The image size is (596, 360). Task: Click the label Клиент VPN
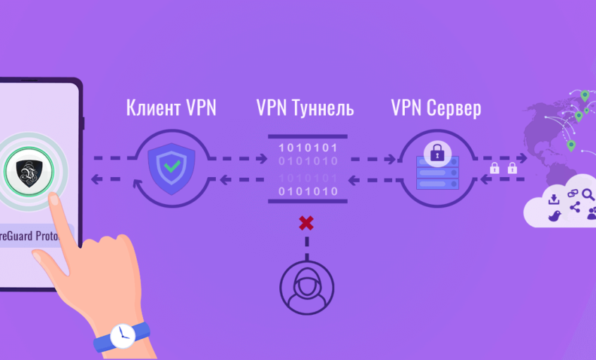coord(171,108)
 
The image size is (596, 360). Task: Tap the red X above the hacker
coord(306,224)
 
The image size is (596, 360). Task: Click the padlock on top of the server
coord(437,151)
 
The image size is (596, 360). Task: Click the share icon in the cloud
coord(575,208)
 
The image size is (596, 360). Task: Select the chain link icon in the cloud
coord(572,193)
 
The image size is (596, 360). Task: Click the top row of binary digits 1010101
coord(308,148)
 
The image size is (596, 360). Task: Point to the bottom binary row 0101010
coord(308,191)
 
